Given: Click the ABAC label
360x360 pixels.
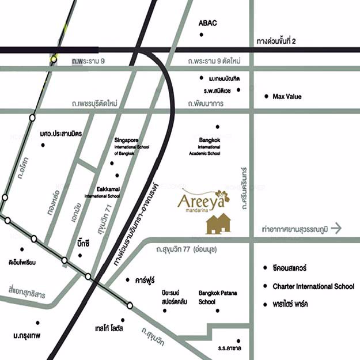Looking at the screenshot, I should coord(207,23).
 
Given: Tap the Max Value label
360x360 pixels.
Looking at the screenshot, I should coord(287,97).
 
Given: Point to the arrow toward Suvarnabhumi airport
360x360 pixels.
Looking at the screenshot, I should coord(336,229).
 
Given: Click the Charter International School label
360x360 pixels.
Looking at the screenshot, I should coord(313,286).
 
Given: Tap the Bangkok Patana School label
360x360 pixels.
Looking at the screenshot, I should coord(214,297).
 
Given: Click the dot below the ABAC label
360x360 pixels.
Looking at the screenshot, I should coord(201,36).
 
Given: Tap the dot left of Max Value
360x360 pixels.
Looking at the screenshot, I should coord(266,96).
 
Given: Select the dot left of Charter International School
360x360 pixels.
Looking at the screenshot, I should coord(266,286).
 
